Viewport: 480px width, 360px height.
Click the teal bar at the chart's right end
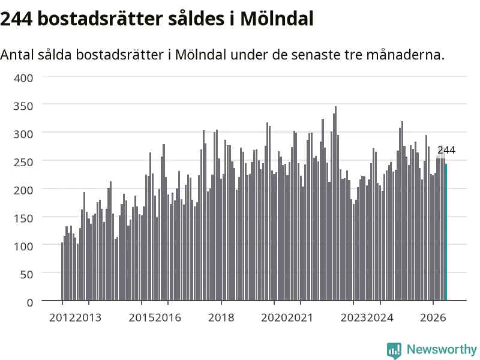coord(446,232)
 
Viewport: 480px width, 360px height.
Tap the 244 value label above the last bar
coord(446,151)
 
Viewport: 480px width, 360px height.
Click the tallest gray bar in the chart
coord(335,203)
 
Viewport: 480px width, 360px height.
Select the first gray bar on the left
coord(62,272)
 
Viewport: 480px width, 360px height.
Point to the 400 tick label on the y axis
coord(23,78)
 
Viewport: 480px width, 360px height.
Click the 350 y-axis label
coord(23,106)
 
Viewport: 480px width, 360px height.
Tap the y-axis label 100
coord(23,247)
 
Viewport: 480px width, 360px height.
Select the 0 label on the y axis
coord(30,303)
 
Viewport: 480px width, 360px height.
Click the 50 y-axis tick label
coord(26,275)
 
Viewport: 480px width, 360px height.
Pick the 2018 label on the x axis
coord(221,317)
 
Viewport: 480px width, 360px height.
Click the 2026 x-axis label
coord(433,317)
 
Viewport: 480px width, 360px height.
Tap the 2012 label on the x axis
coord(62,317)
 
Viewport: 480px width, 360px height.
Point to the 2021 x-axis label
coord(301,317)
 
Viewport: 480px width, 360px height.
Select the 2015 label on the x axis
coord(142,317)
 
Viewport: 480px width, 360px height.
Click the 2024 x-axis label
coord(380,317)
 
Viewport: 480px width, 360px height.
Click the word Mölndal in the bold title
coord(277,19)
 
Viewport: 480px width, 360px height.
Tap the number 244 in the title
coord(16,19)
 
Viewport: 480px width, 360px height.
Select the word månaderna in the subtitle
coord(405,55)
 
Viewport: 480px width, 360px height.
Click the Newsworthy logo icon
coord(394,350)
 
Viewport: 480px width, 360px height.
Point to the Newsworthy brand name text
coord(442,349)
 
